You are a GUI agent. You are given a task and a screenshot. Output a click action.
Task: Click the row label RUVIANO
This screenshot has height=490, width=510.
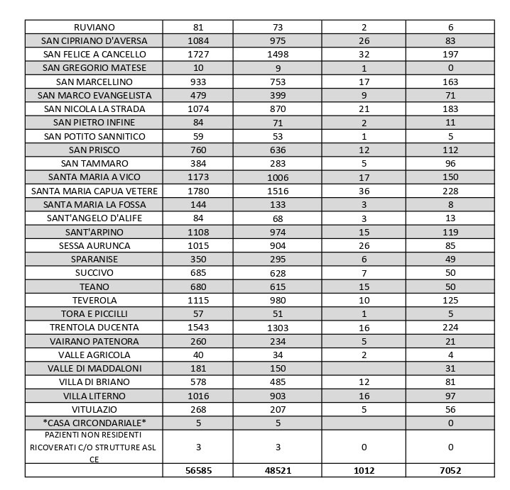tap(94, 27)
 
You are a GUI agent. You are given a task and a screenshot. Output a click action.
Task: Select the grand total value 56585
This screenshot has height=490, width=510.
tap(198, 470)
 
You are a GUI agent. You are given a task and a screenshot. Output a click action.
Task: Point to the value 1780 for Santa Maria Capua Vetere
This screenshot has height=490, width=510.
tap(198, 191)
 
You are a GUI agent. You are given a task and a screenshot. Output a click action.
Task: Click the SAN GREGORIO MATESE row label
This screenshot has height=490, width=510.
tap(94, 68)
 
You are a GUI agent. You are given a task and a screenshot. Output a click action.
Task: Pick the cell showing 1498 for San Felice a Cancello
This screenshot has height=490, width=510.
tap(278, 55)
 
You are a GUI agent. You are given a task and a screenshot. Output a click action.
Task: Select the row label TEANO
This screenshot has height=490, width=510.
tap(94, 286)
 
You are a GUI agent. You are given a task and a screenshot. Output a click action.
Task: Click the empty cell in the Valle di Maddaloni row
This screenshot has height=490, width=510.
tap(364, 369)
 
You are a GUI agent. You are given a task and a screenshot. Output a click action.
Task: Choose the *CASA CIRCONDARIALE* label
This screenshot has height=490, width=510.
tap(94, 423)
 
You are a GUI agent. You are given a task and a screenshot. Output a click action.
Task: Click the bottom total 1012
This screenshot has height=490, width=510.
tap(364, 470)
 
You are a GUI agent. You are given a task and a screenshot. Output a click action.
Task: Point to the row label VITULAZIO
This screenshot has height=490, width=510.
tap(94, 410)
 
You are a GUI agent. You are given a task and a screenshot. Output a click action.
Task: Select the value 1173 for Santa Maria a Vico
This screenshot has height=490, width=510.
tap(198, 177)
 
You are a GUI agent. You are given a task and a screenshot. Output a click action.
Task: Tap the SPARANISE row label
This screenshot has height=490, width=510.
tap(94, 260)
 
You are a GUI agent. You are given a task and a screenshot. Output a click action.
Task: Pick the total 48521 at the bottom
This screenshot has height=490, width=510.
tap(278, 470)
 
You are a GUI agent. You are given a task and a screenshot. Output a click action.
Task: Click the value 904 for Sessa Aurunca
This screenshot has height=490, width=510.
tap(278, 245)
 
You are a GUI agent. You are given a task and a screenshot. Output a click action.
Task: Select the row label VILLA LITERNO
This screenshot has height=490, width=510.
tap(94, 396)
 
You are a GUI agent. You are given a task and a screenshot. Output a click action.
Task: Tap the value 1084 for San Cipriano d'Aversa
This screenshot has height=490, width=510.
tap(198, 41)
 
